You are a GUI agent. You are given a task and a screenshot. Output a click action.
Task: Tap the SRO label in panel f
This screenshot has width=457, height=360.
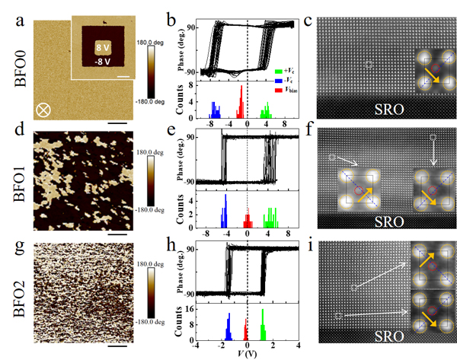(391, 222)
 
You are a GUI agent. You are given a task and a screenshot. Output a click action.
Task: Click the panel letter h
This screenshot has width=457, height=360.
(190, 247)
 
